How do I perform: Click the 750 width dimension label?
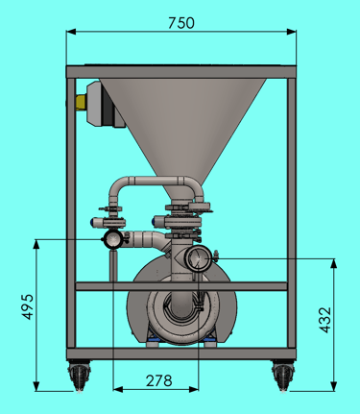[x=181, y=23]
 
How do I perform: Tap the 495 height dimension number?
[x=28, y=306]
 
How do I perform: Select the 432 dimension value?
[x=325, y=320]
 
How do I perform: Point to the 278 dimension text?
[x=159, y=381]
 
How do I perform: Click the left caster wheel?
[x=79, y=376]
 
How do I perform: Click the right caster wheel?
[x=283, y=376]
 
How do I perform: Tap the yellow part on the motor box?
[x=82, y=103]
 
